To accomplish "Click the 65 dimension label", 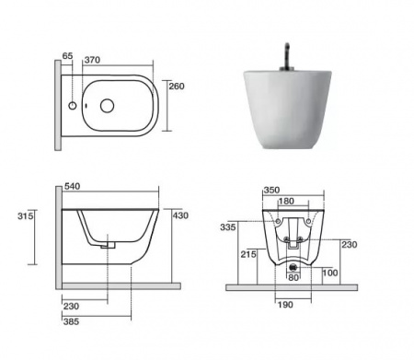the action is point(67,56).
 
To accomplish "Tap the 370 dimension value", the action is point(92,60).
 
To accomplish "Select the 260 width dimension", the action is point(177,87).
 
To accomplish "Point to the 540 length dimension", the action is point(72,186).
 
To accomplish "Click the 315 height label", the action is point(25,216).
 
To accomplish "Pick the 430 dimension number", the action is point(180,215).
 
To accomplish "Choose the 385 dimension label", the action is point(71,321).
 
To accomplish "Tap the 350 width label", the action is point(271,191).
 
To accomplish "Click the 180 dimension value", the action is point(286,201).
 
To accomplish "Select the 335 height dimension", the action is point(228,227).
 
